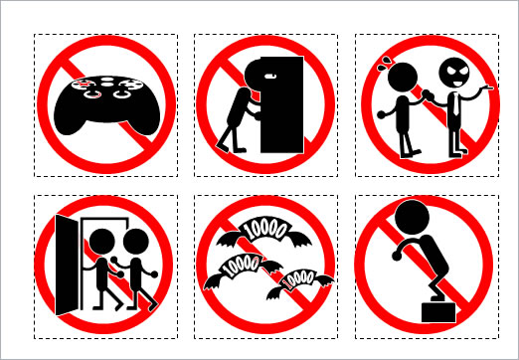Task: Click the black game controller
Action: (x=106, y=105)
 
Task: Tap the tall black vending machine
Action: (x=282, y=104)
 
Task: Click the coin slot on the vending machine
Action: (x=270, y=76)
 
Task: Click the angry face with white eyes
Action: (x=454, y=73)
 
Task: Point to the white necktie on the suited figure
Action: (x=456, y=103)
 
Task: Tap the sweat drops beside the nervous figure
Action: (x=384, y=64)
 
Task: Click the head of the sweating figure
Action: (x=403, y=78)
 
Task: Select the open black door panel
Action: (x=67, y=265)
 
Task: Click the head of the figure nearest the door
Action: (x=102, y=242)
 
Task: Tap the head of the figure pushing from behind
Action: (x=136, y=242)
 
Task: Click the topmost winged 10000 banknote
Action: (x=264, y=232)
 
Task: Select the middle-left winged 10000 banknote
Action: (x=243, y=270)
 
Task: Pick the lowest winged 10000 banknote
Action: (x=299, y=282)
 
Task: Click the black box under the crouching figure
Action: (x=438, y=312)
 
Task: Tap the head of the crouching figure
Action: (x=413, y=217)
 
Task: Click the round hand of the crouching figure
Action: (x=397, y=256)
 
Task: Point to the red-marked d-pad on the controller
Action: (x=82, y=84)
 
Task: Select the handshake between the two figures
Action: (x=428, y=95)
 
